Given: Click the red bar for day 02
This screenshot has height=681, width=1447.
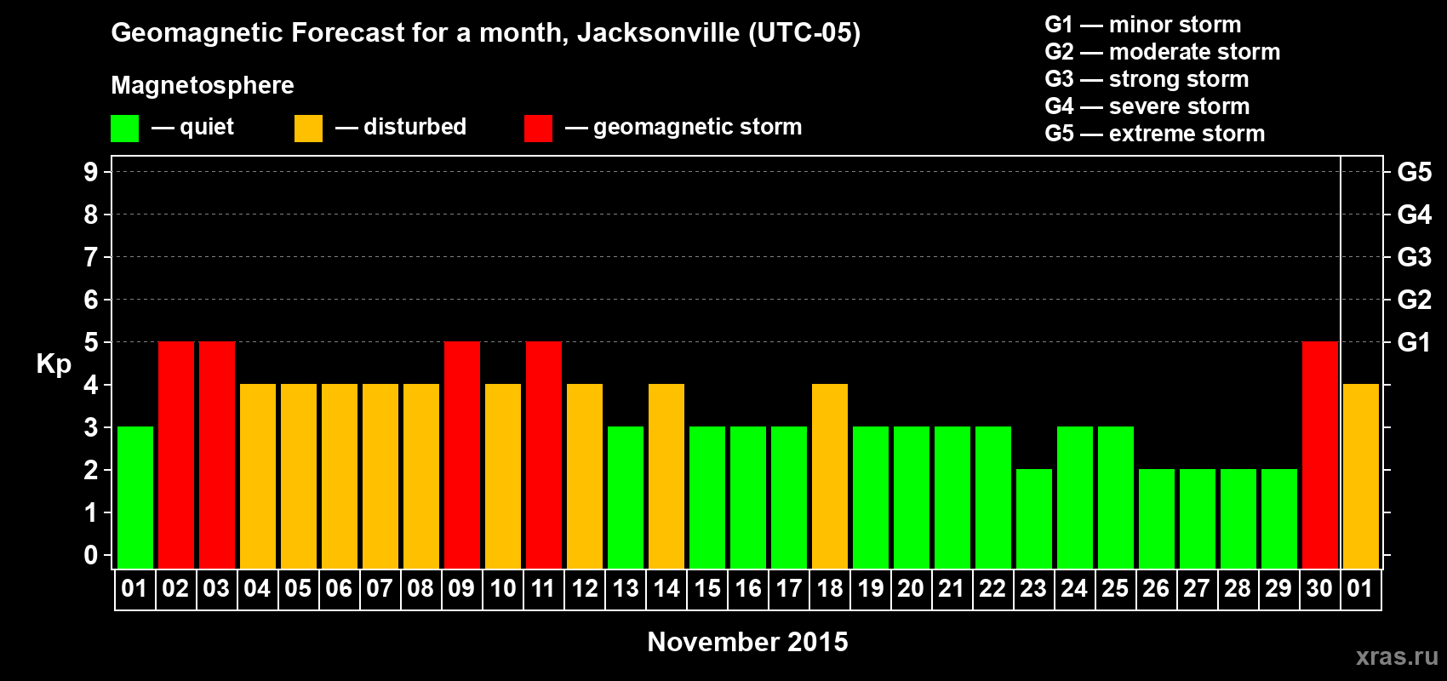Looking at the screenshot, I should click(176, 455).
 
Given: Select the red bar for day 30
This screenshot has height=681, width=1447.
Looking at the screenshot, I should click(1320, 455).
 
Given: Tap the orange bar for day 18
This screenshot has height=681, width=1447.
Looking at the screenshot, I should click(830, 476).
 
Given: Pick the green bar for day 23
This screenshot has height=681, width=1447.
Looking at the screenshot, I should click(1034, 518).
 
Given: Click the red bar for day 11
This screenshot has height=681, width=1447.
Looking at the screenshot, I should click(544, 455).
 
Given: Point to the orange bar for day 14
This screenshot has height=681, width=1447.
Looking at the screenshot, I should click(666, 476).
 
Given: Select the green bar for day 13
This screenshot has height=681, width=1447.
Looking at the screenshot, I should click(626, 497).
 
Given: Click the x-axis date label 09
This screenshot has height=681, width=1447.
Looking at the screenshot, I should click(461, 588).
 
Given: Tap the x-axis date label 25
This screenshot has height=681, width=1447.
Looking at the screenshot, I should click(1115, 588).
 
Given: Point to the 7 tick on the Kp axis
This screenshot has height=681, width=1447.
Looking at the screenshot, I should click(91, 257).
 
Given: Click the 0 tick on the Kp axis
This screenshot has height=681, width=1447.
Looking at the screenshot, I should click(91, 555).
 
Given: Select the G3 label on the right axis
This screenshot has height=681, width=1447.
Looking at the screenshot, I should click(1414, 257).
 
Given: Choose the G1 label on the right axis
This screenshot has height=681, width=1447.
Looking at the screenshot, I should click(1414, 342).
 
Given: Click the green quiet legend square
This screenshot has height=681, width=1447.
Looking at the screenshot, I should click(125, 129).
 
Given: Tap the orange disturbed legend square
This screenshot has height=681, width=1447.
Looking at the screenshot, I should click(308, 129).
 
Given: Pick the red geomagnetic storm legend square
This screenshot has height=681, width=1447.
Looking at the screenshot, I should click(538, 129).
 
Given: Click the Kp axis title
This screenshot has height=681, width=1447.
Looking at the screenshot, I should click(54, 363).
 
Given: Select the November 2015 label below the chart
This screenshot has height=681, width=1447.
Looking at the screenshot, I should click(747, 642).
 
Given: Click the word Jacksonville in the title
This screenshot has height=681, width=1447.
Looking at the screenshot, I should click(658, 32).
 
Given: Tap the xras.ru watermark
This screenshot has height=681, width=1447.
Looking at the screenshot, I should click(1397, 656).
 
